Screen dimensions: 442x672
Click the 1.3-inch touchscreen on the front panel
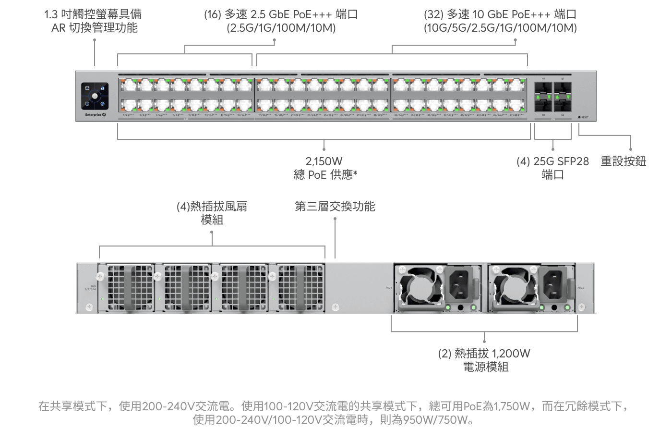[95, 96]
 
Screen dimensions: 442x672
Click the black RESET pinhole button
[579, 117]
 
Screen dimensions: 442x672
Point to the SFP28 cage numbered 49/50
[543, 97]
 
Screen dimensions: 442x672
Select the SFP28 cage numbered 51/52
[563, 97]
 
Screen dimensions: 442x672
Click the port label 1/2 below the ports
[128, 115]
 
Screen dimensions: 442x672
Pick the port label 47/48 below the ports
[516, 115]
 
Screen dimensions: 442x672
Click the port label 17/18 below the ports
[264, 115]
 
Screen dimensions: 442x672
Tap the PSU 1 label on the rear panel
[389, 288]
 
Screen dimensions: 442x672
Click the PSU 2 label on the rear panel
[580, 288]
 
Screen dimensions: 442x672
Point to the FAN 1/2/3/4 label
[90, 288]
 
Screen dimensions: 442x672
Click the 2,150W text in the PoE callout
[324, 161]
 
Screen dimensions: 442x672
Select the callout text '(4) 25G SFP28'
[552, 161]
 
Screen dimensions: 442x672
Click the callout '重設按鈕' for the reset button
[623, 161]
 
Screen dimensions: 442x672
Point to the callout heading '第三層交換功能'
[335, 207]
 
